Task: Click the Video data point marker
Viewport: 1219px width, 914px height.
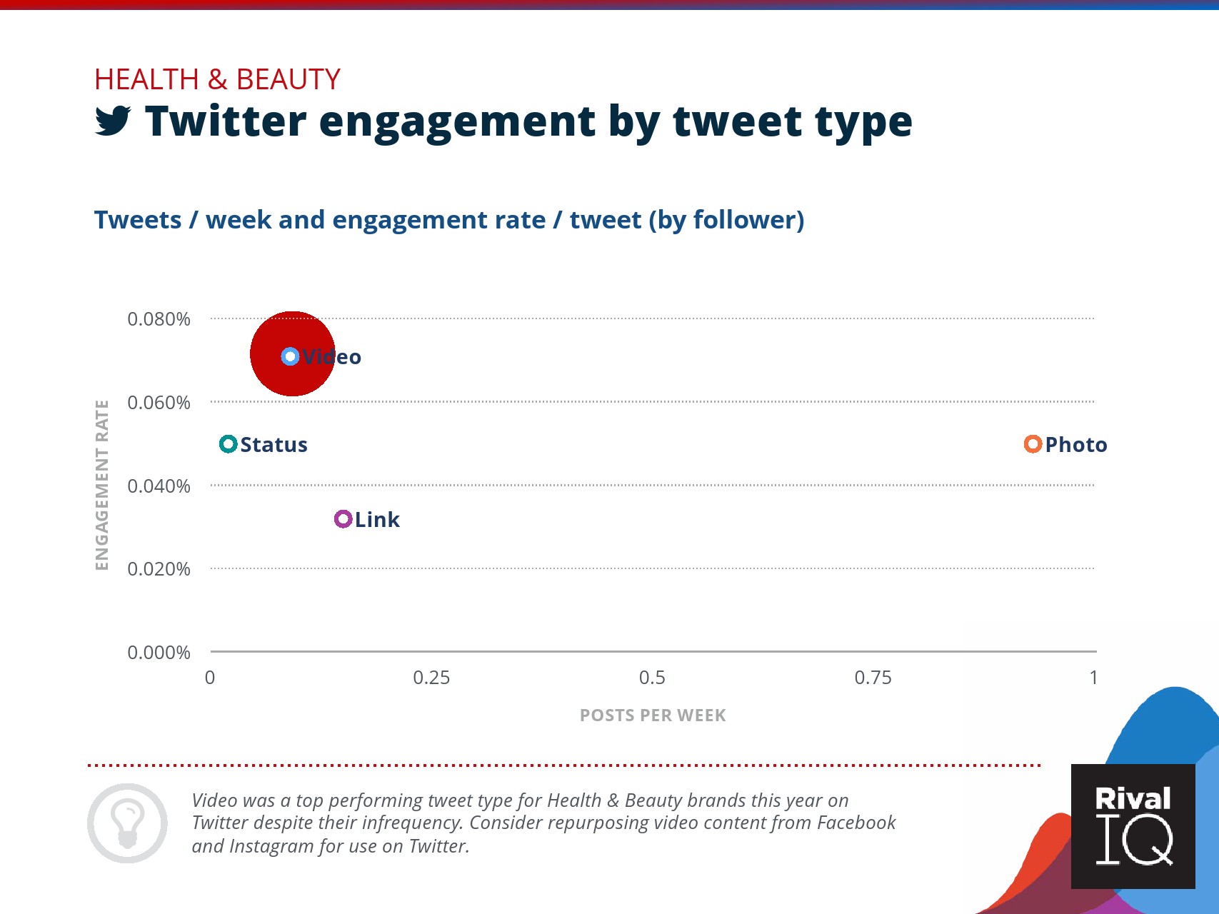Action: [290, 356]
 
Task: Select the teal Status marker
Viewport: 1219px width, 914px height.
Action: [228, 444]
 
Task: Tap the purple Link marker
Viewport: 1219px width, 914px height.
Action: [343, 519]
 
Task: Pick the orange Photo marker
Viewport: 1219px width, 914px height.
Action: [1033, 444]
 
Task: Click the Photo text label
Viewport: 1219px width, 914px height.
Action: [1076, 445]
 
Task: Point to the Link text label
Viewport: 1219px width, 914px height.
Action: [377, 520]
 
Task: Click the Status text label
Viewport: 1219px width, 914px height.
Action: [274, 445]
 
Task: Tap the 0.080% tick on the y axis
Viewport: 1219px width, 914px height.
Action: [159, 319]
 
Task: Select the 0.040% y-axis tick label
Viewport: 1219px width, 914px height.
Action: [159, 486]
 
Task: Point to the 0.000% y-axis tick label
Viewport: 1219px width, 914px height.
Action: [159, 653]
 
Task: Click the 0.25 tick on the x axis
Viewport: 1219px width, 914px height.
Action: [431, 678]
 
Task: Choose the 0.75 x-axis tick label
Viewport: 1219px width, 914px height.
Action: [873, 678]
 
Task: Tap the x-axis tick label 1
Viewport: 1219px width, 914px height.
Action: [1093, 678]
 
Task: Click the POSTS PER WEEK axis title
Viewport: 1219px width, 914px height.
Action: [653, 715]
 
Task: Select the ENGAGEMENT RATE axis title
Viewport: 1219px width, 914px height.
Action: [102, 486]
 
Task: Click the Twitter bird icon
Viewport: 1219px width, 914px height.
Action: [113, 121]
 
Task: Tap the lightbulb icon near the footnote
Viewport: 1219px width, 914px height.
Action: [128, 823]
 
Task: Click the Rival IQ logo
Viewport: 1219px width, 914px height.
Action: [1133, 827]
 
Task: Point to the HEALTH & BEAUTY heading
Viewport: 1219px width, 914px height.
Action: [217, 79]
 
